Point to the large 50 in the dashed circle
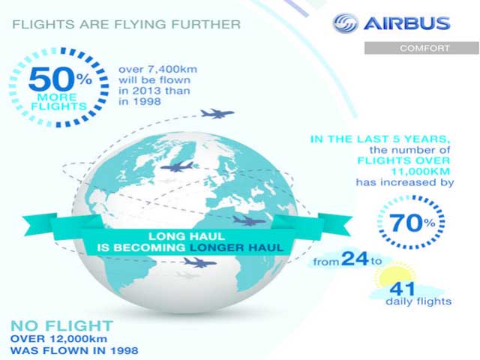[x=47, y=79]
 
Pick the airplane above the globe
[x=217, y=114]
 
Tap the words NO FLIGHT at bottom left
[x=62, y=325]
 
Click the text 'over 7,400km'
[x=157, y=68]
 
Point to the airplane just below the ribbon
[x=200, y=262]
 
